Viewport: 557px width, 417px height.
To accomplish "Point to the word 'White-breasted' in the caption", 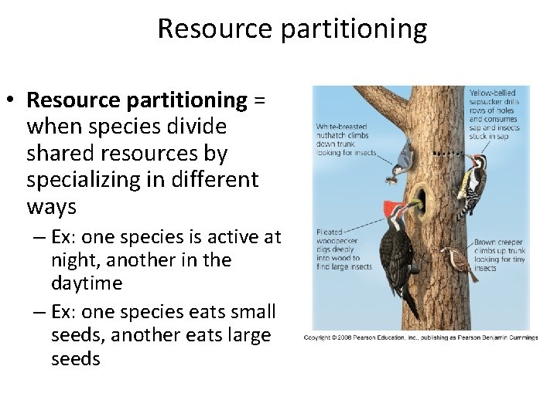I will pyautogui.click(x=340, y=125).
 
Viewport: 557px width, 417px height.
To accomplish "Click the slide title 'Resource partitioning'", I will pyautogui.click(x=292, y=29).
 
